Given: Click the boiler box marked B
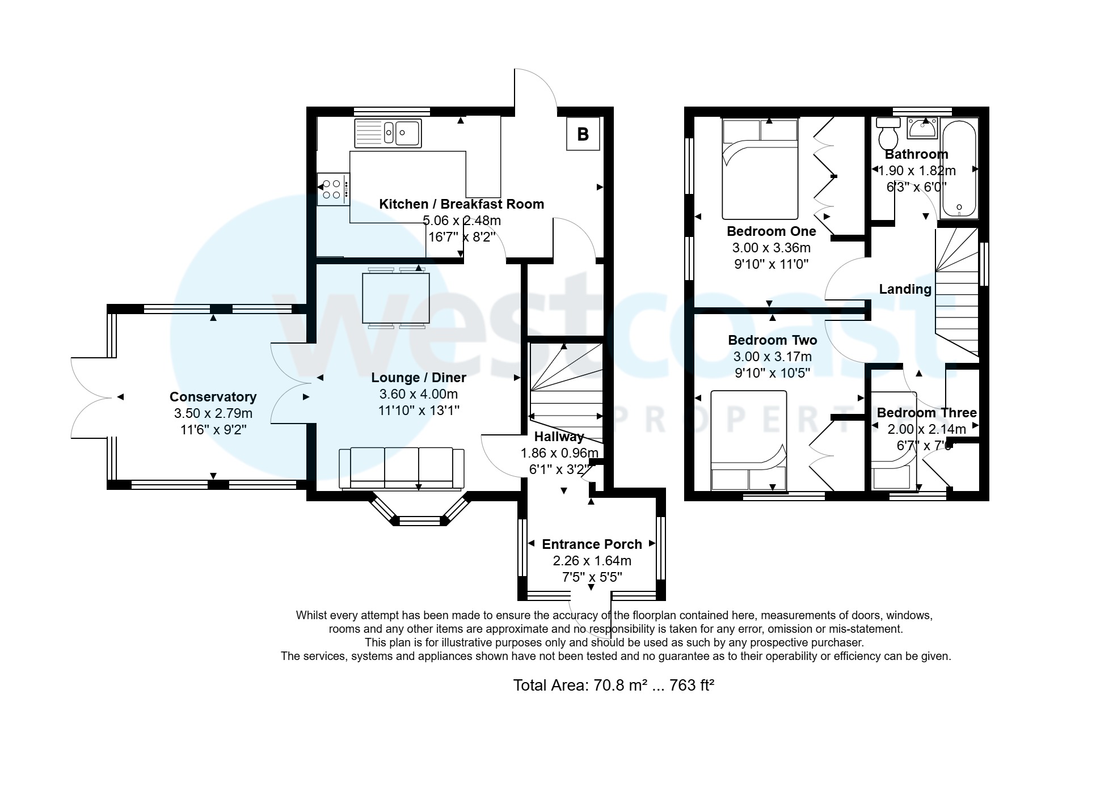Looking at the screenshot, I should [583, 134].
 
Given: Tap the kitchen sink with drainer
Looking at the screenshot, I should [388, 133].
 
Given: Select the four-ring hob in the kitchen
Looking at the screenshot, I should [332, 189].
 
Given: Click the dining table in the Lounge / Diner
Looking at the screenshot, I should [396, 298].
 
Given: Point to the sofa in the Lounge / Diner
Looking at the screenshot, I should [402, 468].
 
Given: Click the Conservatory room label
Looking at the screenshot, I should [213, 397].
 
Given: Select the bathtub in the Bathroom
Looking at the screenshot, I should [959, 168].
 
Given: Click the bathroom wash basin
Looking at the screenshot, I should [922, 129].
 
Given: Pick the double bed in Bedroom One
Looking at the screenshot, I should [760, 169].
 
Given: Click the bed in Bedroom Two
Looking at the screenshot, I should [749, 441].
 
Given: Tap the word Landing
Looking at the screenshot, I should [905, 289].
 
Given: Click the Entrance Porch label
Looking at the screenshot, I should [592, 544].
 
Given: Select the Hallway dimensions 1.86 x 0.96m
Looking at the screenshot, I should [559, 453].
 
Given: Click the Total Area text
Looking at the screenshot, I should [613, 685].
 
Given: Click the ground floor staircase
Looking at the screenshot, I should [566, 391].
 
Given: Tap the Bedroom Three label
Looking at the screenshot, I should [926, 413].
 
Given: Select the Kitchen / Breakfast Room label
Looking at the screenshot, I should [461, 204].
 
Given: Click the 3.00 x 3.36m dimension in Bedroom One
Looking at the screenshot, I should [771, 248].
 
